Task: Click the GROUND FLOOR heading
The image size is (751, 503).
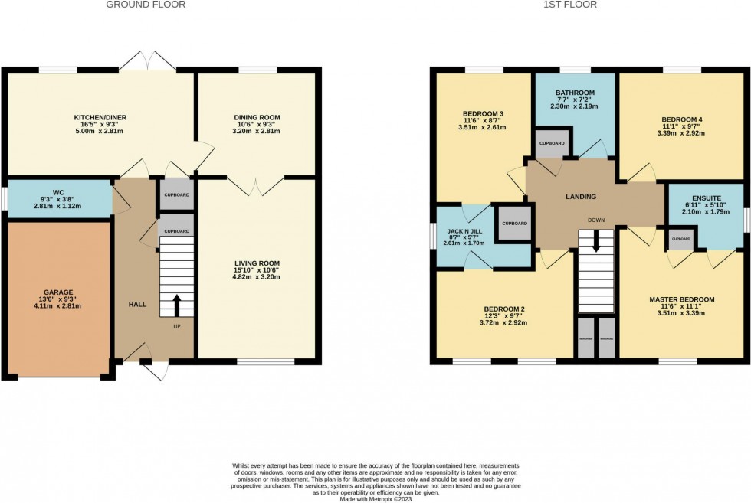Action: (146, 5)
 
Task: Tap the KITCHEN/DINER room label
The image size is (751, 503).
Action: (99, 117)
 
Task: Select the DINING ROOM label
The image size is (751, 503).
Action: (257, 117)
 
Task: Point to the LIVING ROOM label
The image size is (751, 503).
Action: (257, 263)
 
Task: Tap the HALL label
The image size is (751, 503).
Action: (137, 304)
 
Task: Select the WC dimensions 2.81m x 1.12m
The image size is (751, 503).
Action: (57, 206)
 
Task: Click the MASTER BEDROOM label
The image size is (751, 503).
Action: (681, 299)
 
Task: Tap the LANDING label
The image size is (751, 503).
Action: (580, 197)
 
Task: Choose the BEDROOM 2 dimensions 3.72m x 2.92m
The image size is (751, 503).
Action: (505, 322)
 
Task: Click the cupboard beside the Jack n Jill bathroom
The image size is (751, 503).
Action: (514, 224)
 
